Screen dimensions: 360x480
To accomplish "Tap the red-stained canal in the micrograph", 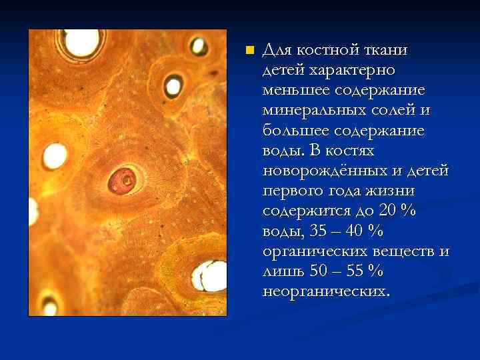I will pos(123,179).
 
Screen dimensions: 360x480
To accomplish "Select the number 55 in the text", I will pos(356,271).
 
